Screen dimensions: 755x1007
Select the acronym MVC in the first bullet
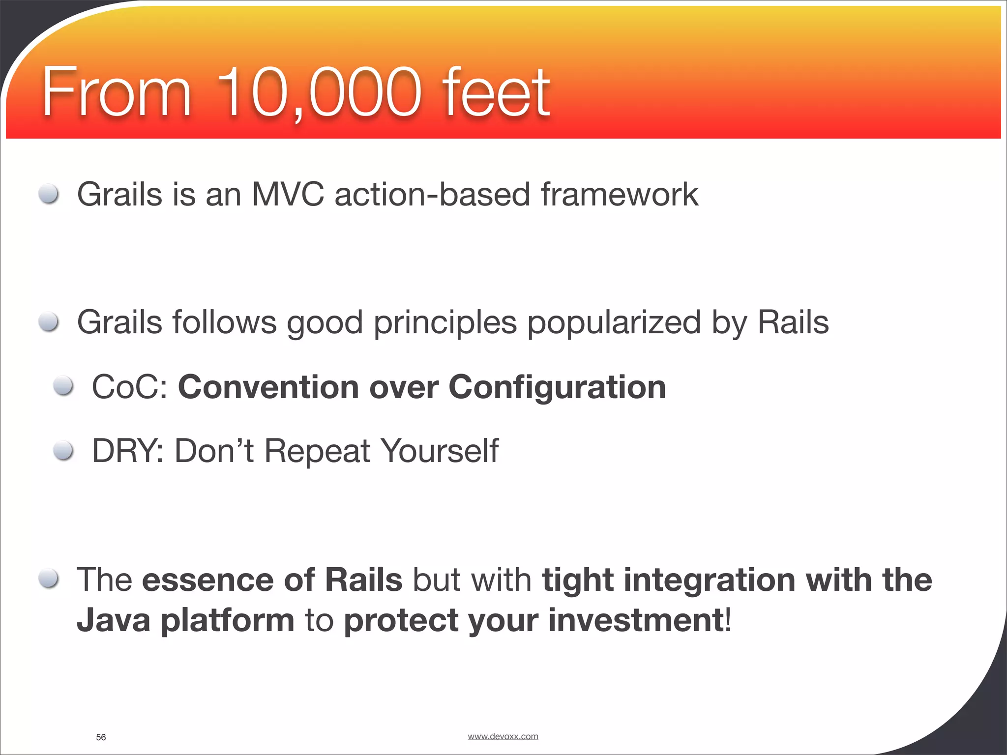tap(288, 195)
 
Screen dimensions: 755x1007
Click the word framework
tap(619, 195)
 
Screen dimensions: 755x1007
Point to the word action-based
tap(432, 195)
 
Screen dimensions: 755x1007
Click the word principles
tap(445, 323)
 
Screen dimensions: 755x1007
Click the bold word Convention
tap(268, 387)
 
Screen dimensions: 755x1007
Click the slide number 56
tap(101, 737)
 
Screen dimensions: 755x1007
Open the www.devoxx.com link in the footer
tap(503, 736)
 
